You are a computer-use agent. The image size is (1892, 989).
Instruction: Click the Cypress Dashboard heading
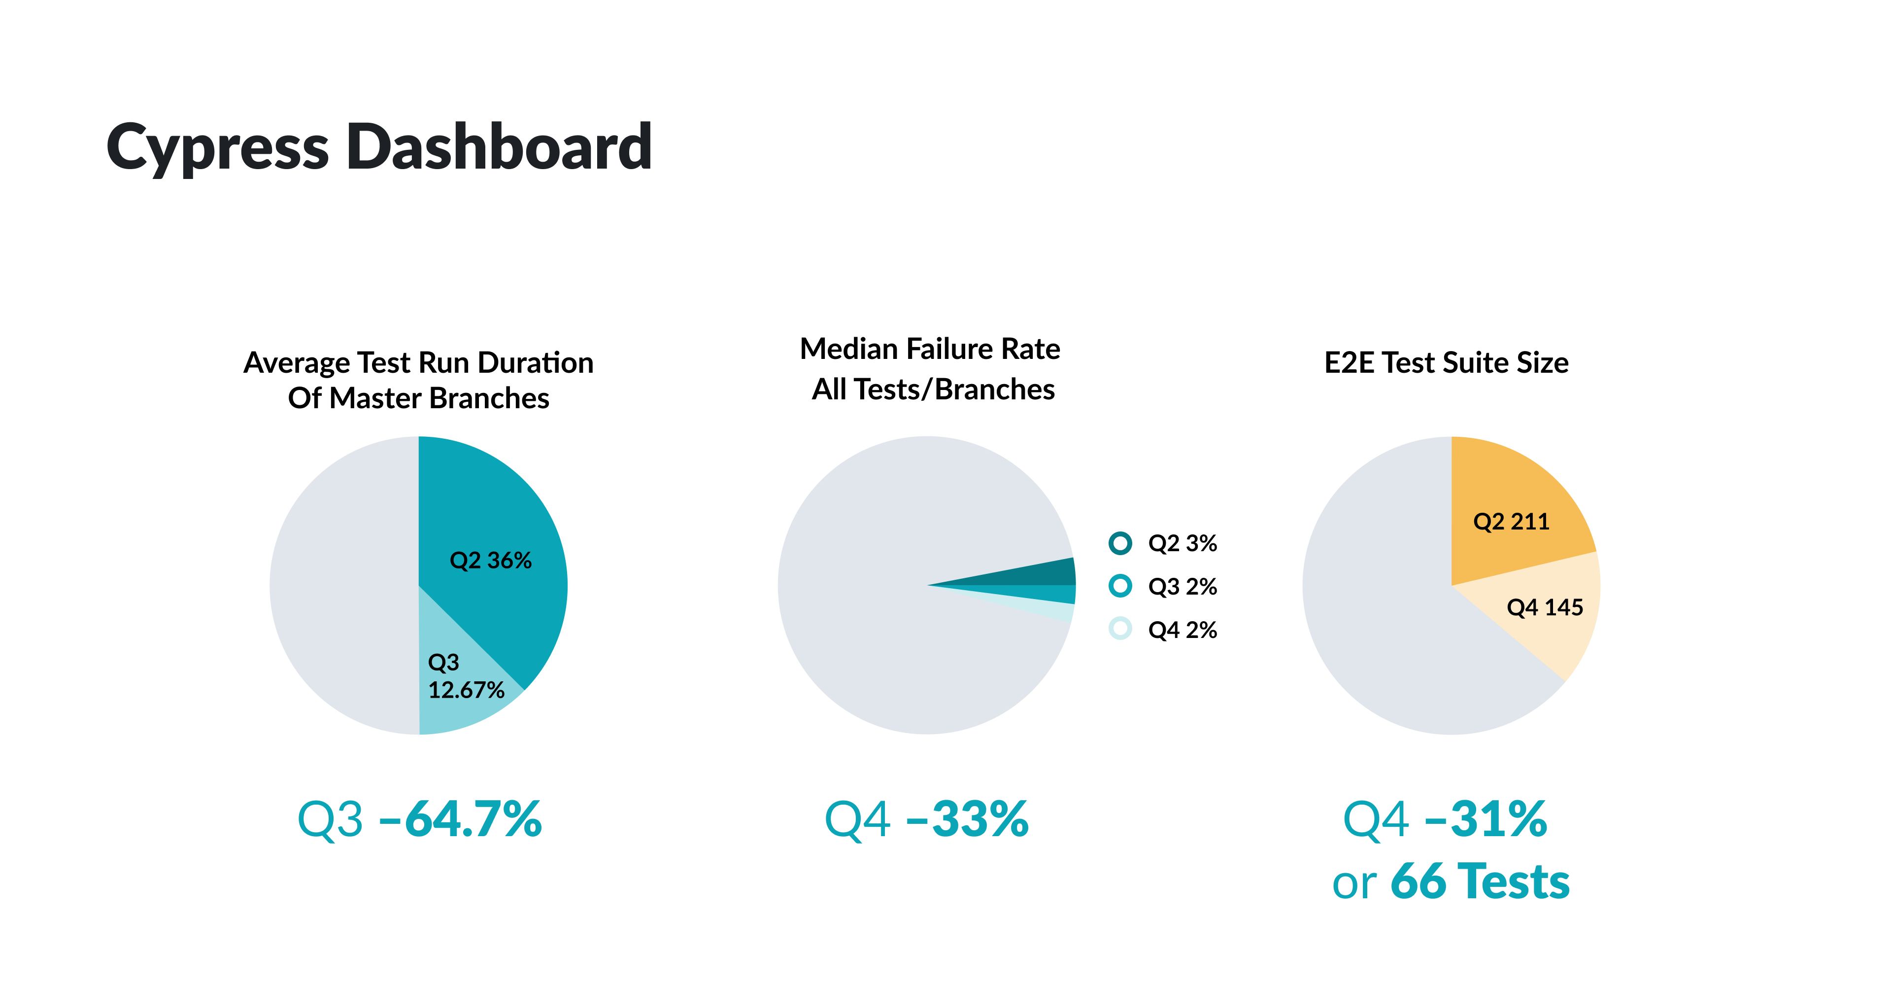tap(379, 147)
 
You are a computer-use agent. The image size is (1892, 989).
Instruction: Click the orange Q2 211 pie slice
tap(1513, 507)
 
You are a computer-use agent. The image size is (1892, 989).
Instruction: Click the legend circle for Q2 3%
tap(1120, 543)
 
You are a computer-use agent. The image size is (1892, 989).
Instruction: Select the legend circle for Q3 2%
tap(1120, 586)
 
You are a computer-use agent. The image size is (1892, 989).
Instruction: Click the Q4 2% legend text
tap(1182, 630)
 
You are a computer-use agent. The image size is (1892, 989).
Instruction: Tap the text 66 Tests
tap(1480, 881)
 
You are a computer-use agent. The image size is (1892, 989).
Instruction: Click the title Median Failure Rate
tap(930, 349)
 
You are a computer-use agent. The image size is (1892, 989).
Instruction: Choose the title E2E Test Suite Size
tap(1446, 363)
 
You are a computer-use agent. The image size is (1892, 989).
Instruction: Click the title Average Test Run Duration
tap(419, 363)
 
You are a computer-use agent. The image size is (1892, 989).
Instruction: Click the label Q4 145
tap(1545, 608)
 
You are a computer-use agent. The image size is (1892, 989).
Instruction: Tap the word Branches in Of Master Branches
tap(489, 398)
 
